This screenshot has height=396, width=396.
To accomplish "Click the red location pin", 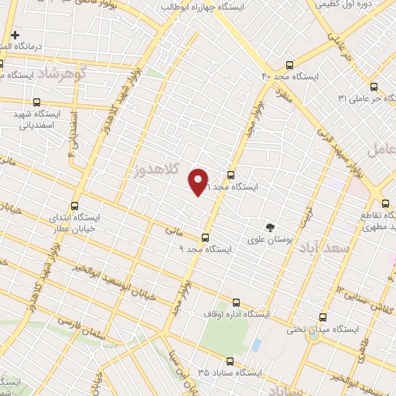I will [x=199, y=181].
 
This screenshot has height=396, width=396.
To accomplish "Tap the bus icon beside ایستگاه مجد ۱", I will [x=230, y=175].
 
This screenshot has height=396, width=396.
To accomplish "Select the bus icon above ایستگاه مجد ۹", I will [x=205, y=237].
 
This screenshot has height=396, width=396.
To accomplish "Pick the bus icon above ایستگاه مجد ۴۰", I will [x=290, y=65].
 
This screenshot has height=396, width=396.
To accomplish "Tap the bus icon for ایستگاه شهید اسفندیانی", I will [x=36, y=102].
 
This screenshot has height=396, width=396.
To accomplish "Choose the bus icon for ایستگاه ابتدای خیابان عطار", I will [x=75, y=206].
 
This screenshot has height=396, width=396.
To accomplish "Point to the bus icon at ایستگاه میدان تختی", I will [x=324, y=317].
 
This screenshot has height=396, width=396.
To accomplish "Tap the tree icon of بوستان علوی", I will [x=270, y=227].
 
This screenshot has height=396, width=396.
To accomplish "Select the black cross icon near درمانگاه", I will [x=15, y=35].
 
